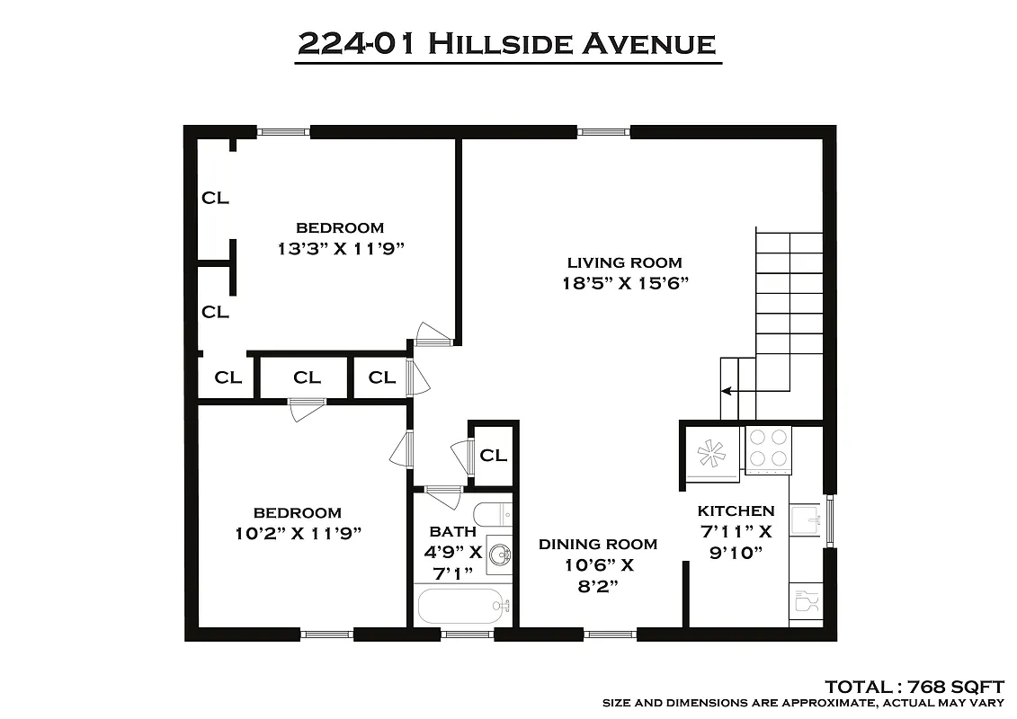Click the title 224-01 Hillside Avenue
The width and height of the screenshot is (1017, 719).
508,43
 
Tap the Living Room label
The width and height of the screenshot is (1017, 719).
624,262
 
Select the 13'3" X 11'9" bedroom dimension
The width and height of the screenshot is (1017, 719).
340,249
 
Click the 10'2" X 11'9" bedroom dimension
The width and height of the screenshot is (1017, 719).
297,533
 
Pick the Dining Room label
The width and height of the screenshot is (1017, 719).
597,544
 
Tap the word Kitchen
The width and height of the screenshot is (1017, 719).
736,510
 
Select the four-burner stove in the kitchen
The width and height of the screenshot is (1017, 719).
767,448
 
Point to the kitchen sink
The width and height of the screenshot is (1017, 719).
806,521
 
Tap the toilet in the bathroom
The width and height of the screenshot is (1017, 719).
491,516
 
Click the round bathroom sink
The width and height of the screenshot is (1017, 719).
497,557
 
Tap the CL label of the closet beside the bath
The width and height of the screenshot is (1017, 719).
493,455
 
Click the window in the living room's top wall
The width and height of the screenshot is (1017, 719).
603,132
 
